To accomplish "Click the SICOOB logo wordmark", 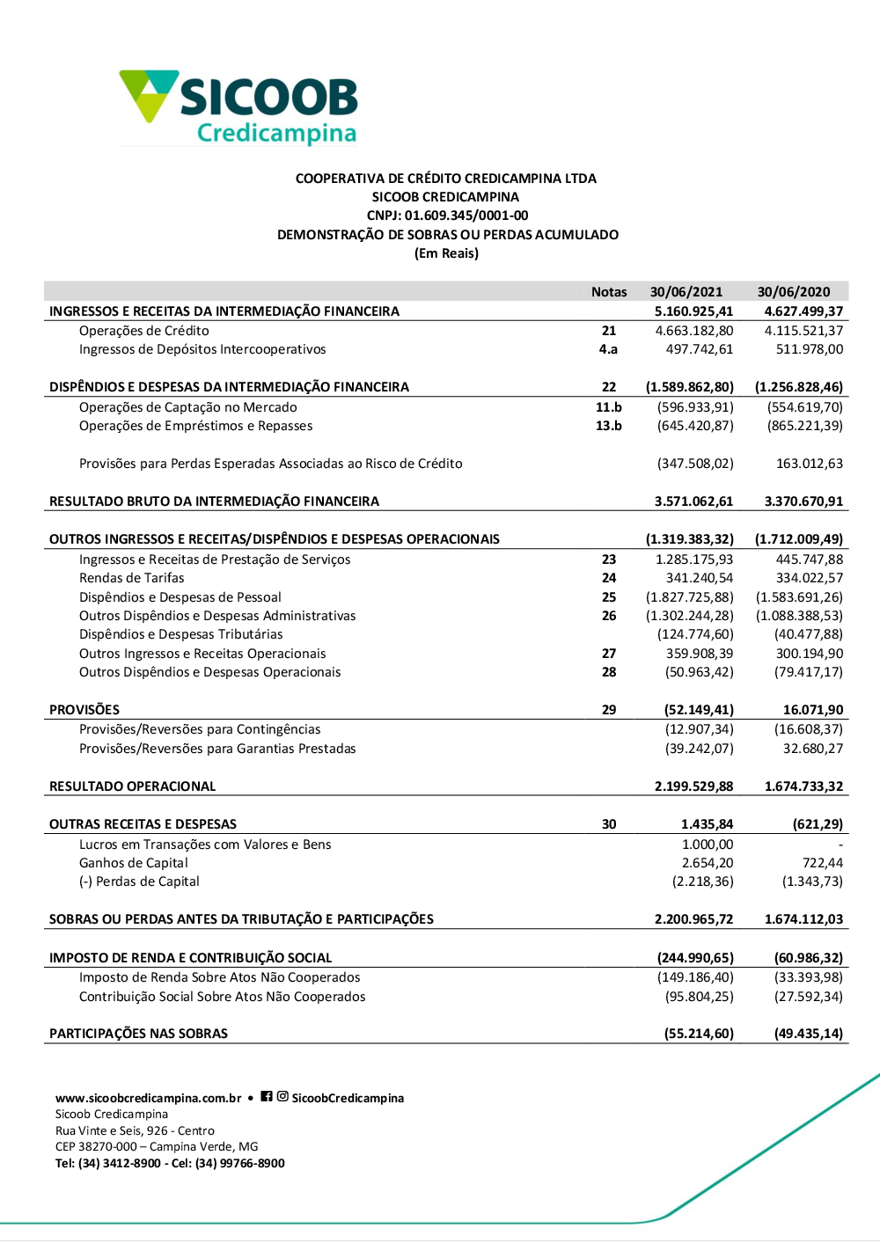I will (x=268, y=97).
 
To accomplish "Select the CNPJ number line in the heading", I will (x=447, y=216).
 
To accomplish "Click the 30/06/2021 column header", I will (x=686, y=292).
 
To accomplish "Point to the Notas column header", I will (x=609, y=292).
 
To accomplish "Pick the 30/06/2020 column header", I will (x=793, y=292).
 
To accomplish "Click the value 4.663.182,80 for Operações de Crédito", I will (x=694, y=331).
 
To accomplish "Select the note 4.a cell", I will (x=608, y=349).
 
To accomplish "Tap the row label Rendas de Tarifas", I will (x=132, y=578).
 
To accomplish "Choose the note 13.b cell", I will (x=608, y=426).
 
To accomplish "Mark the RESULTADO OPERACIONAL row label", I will (x=132, y=786).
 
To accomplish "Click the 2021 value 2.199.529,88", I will (x=693, y=786).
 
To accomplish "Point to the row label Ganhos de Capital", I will (x=134, y=863).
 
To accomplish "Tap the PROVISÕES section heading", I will (x=84, y=710).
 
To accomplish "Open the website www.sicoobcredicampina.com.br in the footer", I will (x=148, y=1098).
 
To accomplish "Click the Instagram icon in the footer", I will (x=282, y=1096).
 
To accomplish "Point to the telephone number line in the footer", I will (x=170, y=1163).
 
